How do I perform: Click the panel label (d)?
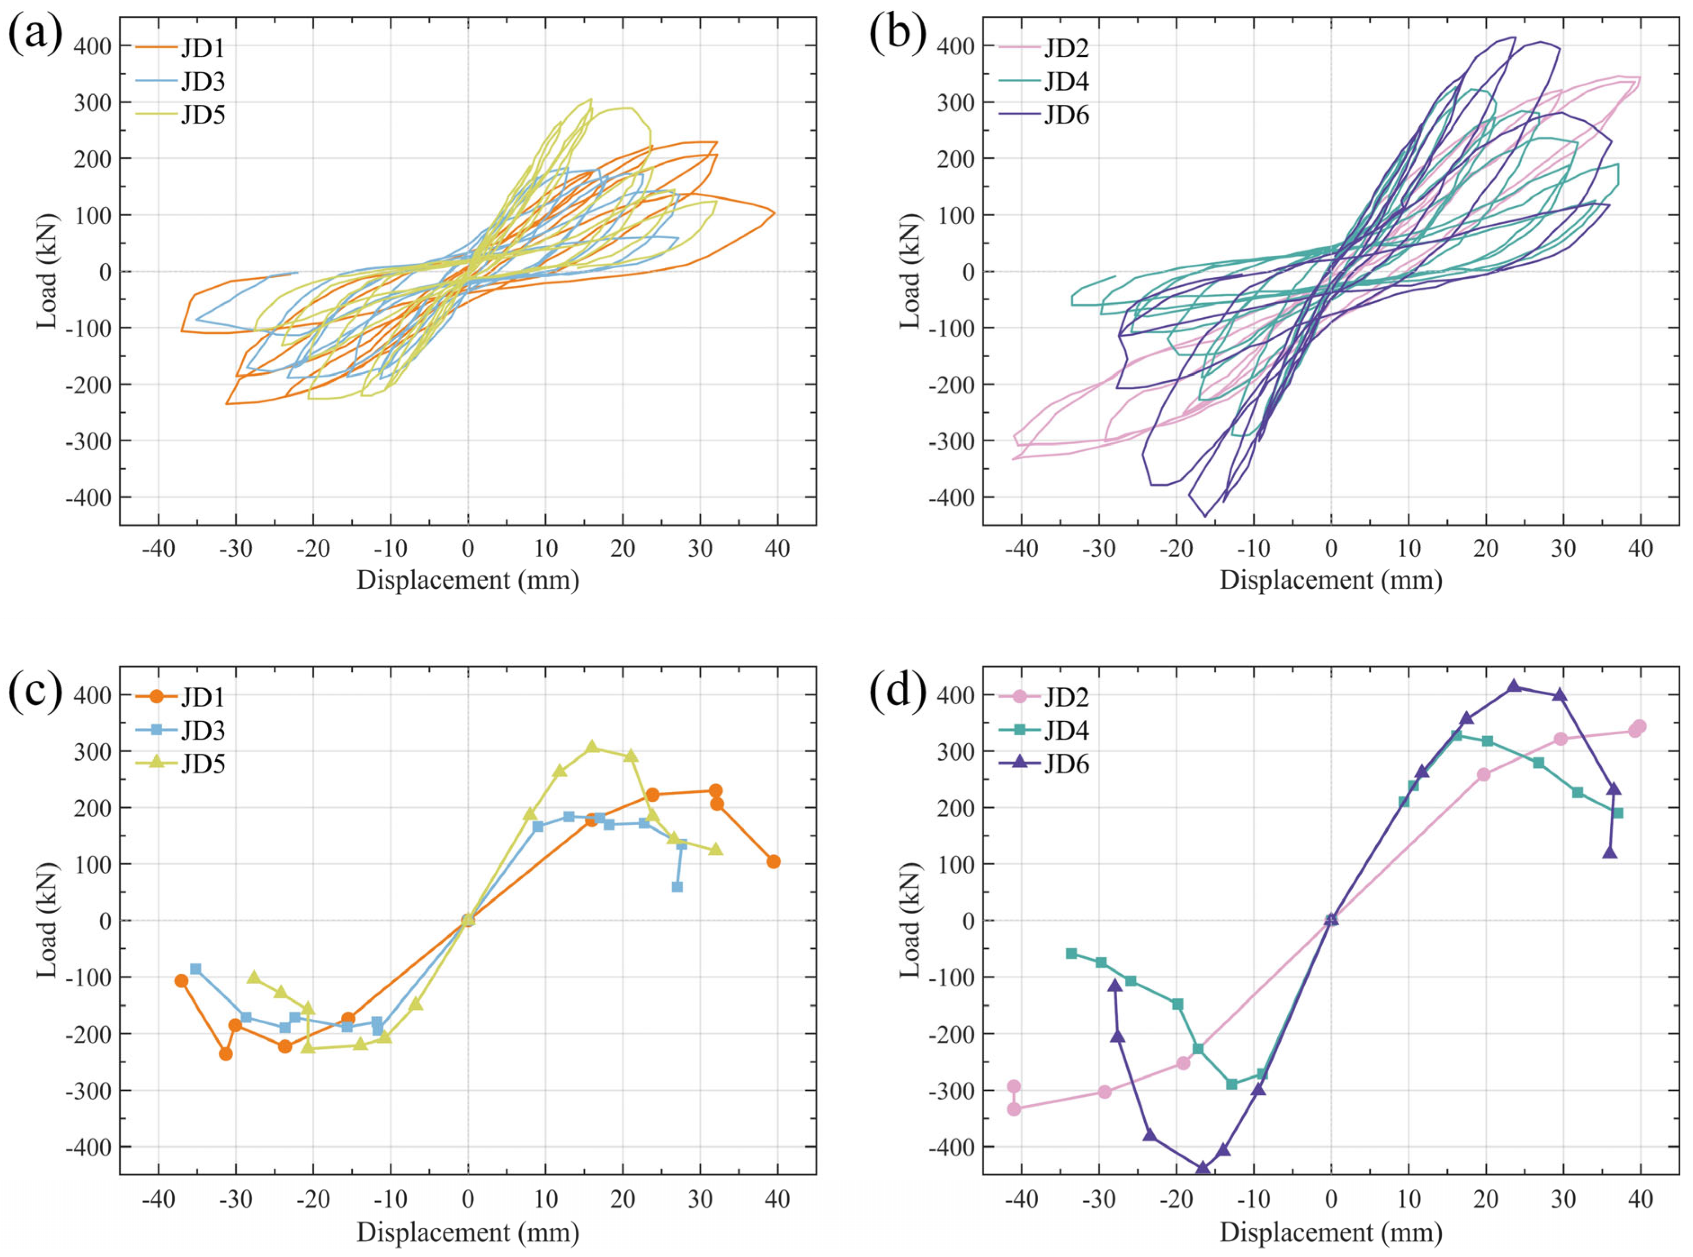coord(898,690)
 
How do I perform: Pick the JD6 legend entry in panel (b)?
coord(1044,115)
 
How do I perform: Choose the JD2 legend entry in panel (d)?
coord(1044,696)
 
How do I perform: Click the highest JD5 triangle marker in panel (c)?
coord(592,746)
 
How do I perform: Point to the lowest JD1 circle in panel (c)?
coord(225,1054)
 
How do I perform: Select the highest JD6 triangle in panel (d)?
coord(1514,685)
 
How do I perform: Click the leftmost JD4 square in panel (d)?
coord(1071,953)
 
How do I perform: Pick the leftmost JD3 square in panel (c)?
coord(196,968)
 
